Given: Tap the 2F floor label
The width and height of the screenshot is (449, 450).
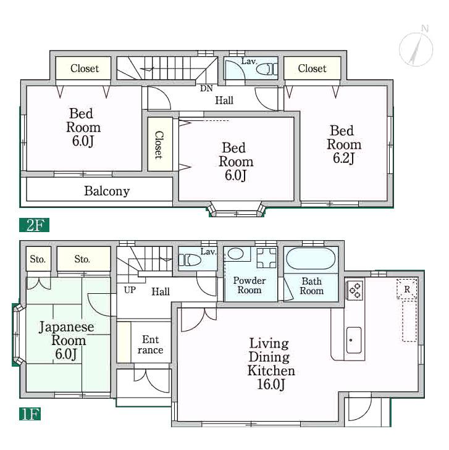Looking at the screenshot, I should point(34,225).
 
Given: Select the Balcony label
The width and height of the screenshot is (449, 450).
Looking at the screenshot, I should point(107,191).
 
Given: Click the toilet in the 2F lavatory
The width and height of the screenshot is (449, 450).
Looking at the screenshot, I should point(266,69).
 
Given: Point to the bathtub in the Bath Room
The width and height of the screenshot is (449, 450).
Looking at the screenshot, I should point(311,259).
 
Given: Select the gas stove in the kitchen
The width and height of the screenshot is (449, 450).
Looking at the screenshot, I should point(356,290).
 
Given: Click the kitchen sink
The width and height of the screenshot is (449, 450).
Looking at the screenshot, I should point(354,340).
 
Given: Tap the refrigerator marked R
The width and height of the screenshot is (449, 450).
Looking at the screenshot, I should point(407,289).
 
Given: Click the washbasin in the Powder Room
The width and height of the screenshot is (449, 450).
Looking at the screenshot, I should point(235,254).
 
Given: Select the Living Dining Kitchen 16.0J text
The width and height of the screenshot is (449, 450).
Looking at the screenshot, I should point(271,364).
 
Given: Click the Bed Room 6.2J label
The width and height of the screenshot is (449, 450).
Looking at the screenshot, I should point(343,144).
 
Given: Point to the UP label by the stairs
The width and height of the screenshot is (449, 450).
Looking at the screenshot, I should point(130,290).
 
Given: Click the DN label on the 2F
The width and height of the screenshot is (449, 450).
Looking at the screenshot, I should point(206,88).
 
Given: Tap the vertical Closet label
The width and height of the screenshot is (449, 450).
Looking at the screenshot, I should point(158,144).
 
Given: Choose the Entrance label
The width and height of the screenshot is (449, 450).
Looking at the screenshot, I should point(150,344).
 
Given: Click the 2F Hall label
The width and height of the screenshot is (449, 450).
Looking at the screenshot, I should point(224,100).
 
